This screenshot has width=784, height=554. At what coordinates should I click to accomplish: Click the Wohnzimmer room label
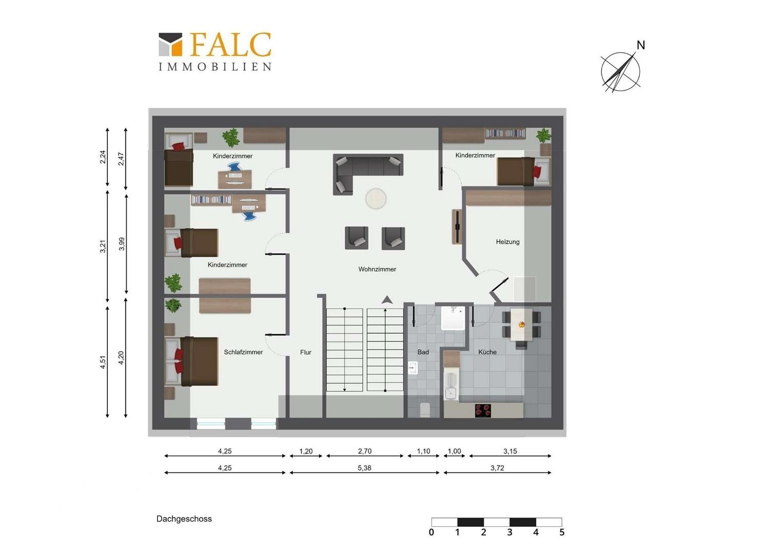(x=377, y=269)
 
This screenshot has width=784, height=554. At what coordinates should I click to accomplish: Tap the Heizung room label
(x=507, y=242)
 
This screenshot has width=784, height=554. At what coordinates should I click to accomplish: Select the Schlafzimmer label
(x=243, y=352)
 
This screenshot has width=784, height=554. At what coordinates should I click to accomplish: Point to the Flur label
(x=306, y=352)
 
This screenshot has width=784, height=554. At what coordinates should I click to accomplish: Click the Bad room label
(x=423, y=352)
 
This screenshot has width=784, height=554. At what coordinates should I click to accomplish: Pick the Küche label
(x=487, y=352)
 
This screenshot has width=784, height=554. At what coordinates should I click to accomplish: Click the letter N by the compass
(x=640, y=45)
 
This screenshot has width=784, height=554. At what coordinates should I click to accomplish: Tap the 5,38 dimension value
(x=364, y=468)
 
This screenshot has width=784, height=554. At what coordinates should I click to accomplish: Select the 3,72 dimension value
(x=497, y=468)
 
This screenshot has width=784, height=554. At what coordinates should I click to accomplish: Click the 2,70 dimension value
(x=364, y=451)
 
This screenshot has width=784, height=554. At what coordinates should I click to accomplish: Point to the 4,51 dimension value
(x=103, y=362)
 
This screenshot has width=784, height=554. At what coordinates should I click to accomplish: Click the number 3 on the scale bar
(x=509, y=532)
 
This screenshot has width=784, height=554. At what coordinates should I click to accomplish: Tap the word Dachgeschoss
(x=184, y=519)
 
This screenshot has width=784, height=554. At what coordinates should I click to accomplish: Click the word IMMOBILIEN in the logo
(x=215, y=67)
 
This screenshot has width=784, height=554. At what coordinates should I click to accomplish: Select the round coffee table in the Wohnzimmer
(x=376, y=199)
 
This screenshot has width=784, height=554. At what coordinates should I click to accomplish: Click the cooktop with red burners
(x=483, y=410)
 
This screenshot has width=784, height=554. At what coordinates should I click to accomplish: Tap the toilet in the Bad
(x=424, y=410)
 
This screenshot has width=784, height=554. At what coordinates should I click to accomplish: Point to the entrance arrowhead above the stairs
(x=387, y=300)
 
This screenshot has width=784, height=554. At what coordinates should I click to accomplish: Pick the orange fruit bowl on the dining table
(x=521, y=325)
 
